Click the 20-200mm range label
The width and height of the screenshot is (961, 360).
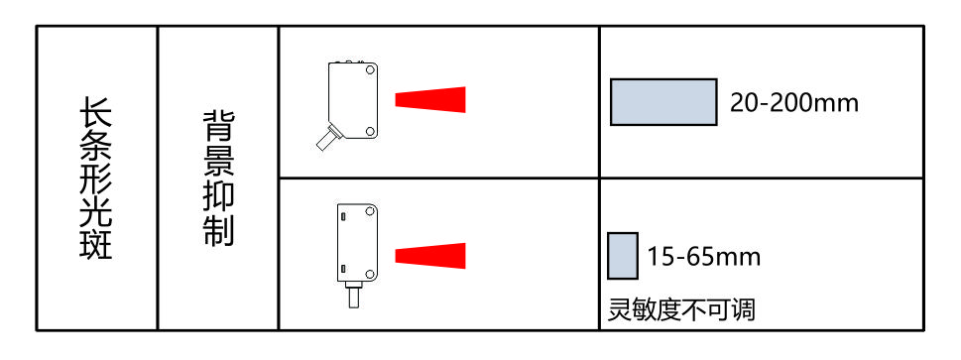[793, 103]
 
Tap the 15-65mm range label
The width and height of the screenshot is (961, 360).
[704, 256]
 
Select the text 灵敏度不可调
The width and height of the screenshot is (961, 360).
[681, 309]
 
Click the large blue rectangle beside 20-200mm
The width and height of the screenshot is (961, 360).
[663, 102]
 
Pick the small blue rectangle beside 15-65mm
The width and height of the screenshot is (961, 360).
[623, 256]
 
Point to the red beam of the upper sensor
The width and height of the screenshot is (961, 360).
[430, 100]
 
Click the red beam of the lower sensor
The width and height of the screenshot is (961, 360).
[430, 256]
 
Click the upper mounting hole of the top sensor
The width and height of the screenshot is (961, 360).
[370, 69]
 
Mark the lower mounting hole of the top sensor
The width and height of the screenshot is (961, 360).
[370, 131]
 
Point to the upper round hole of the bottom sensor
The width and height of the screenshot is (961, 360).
[370, 211]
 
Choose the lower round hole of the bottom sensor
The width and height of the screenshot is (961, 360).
[370, 272]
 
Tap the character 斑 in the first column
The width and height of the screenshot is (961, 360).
[96, 244]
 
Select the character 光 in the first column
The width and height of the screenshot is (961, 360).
[96, 211]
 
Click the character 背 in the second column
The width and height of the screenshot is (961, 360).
[218, 127]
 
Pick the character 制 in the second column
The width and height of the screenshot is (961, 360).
[218, 231]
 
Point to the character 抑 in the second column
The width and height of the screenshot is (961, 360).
[218, 196]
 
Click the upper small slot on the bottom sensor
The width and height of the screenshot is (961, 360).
[343, 216]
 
